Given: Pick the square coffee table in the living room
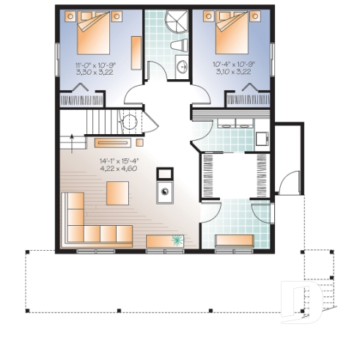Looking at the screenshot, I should tap(118, 193).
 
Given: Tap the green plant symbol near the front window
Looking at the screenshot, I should tap(178, 240).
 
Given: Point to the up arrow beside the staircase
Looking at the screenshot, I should tap(71, 136).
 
